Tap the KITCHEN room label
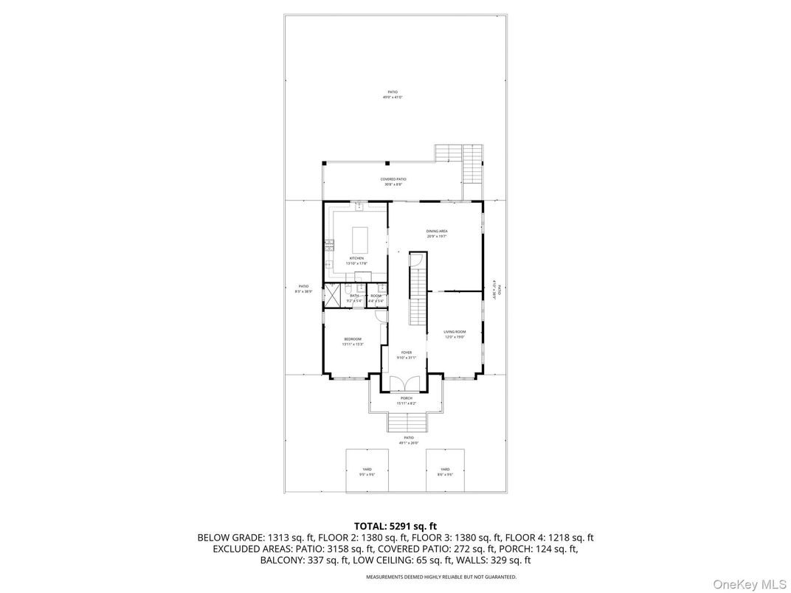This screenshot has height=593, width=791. (356, 258)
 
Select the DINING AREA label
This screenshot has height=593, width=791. (437, 232)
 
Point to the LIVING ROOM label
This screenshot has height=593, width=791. (455, 332)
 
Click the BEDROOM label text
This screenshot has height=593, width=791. (352, 339)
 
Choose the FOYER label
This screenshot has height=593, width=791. (407, 353)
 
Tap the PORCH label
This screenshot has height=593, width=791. (407, 398)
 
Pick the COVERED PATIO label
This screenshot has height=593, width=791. (393, 179)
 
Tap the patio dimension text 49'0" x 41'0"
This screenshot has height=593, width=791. (393, 97)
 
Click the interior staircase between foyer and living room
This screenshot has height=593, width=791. (418, 291)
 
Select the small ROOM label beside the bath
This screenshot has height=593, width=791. (376, 296)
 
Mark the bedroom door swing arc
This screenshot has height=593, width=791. (380, 316)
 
